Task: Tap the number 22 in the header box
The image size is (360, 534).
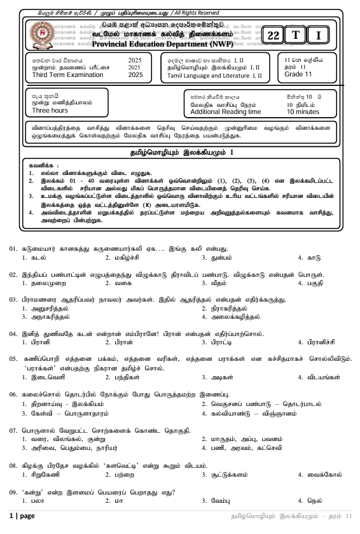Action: coord(273,36)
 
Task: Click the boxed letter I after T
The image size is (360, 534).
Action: coord(318,36)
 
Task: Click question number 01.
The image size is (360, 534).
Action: coord(13,249)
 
